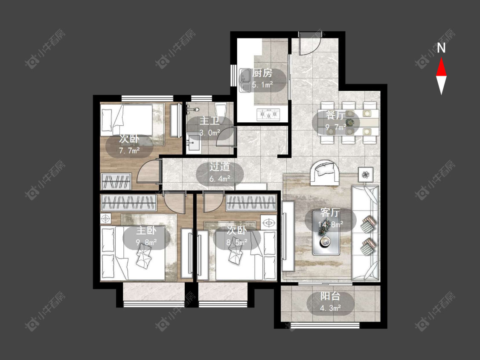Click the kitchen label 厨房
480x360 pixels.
coord(262,73)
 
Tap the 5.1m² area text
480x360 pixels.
coord(262,85)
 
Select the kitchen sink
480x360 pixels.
coord(245,80)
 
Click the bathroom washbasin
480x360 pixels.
coord(193,144)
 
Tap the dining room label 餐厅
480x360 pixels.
coord(335,115)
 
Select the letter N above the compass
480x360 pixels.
coord(441,48)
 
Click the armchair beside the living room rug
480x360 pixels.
coord(325,173)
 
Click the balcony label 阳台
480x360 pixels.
coord(330,296)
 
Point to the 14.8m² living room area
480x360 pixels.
coord(330,224)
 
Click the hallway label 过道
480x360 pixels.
coord(219,167)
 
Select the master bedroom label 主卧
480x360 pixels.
coord(146,230)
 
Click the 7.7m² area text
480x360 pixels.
coord(129,150)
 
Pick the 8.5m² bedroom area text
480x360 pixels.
coord(237,242)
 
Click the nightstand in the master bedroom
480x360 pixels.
coord(106,218)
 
